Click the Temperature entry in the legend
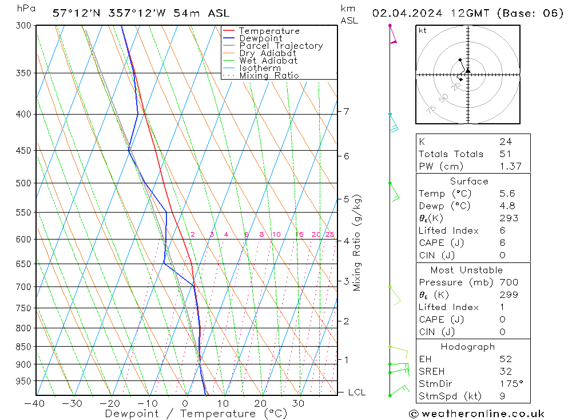click(269, 31)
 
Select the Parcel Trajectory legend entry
click(280, 46)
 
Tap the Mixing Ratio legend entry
click(268, 75)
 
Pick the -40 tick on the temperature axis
click(35, 403)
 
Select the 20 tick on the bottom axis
click(260, 403)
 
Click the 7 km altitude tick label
click(347, 111)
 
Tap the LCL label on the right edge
click(356, 392)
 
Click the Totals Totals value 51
click(506, 154)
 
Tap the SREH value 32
click(506, 371)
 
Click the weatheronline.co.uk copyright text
click(477, 414)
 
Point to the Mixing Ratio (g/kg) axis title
click(357, 242)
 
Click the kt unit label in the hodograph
click(423, 30)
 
